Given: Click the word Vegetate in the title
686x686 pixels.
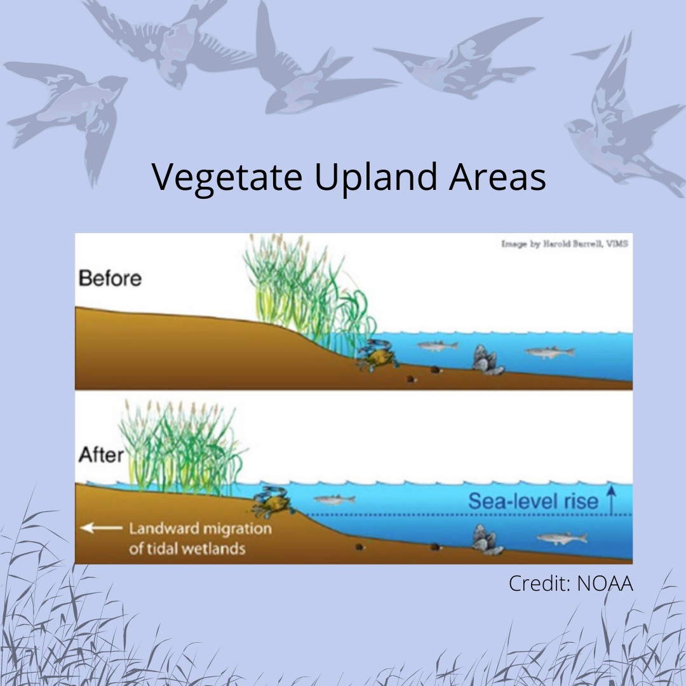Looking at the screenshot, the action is tap(227, 177).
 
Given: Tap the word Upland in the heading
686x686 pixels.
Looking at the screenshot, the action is tap(375, 177).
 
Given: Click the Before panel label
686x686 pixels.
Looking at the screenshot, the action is tap(111, 278).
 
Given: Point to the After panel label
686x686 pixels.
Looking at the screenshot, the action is tap(101, 455).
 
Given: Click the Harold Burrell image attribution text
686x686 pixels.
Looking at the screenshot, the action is tap(565, 244).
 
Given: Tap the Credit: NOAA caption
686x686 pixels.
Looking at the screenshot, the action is tap(571, 584).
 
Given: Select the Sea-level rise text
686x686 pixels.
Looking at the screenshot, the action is tap(533, 501).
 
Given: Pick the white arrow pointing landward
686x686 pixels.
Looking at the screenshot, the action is tap(102, 528).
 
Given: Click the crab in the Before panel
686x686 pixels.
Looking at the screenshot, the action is tap(377, 354).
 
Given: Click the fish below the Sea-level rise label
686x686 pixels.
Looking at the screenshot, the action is tap(562, 538).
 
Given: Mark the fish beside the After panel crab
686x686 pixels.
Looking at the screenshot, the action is tap(335, 499).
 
